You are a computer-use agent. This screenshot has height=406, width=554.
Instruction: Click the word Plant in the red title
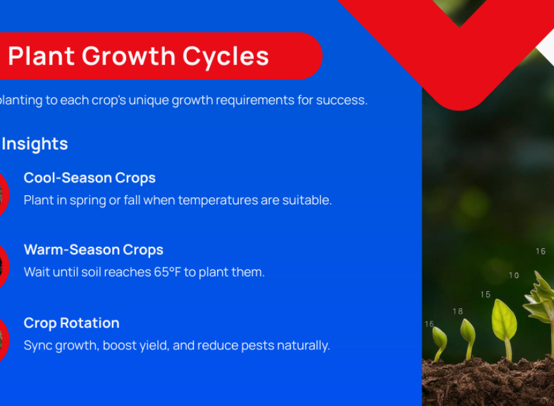click(41, 56)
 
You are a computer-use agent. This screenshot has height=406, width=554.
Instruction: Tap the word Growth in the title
click(129, 56)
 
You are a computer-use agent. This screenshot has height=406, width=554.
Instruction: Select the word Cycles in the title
click(225, 57)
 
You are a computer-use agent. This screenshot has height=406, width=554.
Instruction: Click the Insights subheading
click(35, 144)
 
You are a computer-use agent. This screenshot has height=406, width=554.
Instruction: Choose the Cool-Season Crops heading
click(90, 178)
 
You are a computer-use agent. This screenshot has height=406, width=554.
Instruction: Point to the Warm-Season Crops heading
click(93, 250)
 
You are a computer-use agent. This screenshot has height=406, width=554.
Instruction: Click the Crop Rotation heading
click(72, 323)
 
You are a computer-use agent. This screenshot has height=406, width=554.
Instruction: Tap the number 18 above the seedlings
click(457, 311)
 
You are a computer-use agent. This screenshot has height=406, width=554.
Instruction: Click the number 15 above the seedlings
click(486, 295)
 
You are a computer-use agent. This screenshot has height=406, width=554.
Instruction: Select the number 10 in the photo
click(514, 275)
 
